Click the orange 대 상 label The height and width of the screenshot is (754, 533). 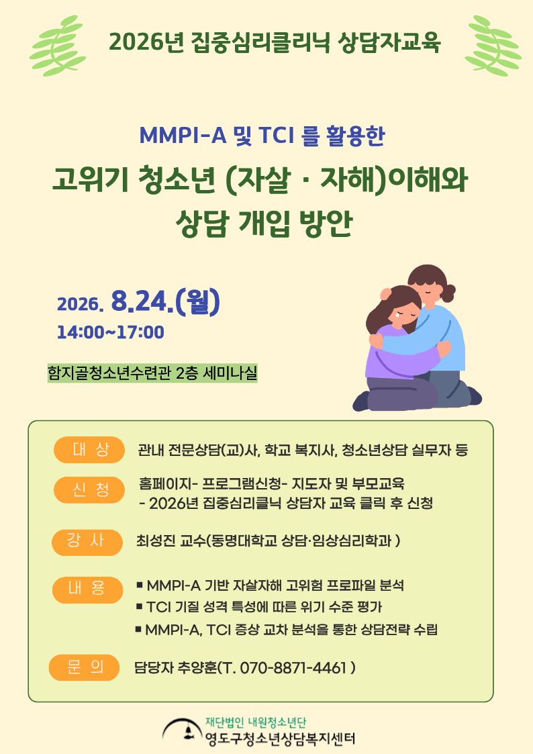point(89,450)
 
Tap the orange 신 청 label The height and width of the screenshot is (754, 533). point(89,489)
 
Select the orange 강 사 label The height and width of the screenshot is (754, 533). point(87,541)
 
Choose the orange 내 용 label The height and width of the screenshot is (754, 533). point(87,590)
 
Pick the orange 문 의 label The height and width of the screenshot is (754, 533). point(84,667)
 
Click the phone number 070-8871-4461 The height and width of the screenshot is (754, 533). point(293,667)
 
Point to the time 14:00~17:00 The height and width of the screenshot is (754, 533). point(111,332)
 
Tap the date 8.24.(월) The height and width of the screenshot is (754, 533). point(165,302)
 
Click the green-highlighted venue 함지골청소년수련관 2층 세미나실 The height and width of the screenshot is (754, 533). point(152,373)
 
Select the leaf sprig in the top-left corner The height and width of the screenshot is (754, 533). point(58,46)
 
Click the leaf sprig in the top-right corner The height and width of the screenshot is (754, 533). point(493,46)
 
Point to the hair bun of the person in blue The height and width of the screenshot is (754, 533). point(448,292)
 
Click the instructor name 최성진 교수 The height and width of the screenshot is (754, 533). point(171,541)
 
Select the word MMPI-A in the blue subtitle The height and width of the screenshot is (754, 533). point(183,136)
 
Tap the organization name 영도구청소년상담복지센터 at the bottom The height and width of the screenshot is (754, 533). point(280,739)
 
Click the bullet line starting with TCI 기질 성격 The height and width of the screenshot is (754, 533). point(259,607)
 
